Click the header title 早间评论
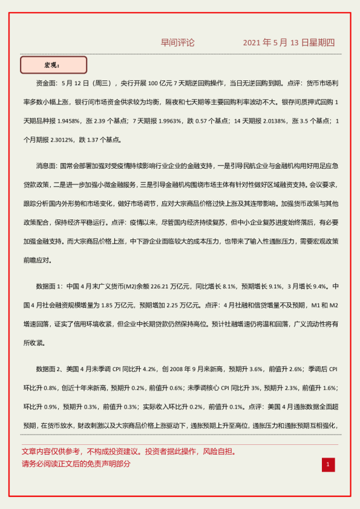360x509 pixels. click(x=177, y=43)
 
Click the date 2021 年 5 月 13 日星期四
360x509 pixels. click(x=289, y=43)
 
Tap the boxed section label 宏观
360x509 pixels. click(x=53, y=65)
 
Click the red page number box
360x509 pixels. click(x=327, y=464)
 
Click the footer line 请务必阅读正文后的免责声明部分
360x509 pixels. click(x=76, y=464)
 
